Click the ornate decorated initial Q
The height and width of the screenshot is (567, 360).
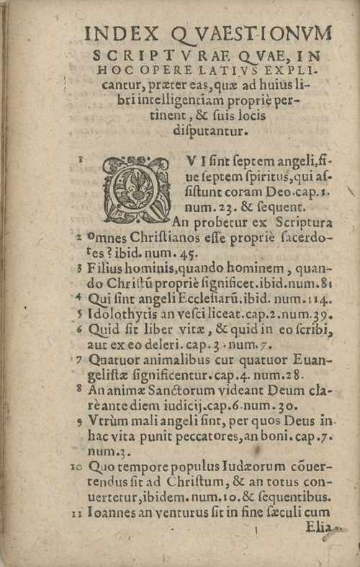tap(137, 189)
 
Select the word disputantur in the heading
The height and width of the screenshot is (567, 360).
tap(206, 130)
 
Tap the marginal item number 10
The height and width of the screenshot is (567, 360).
tap(77, 467)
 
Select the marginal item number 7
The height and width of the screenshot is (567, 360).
tap(81, 359)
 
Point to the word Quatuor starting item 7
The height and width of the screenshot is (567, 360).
tap(114, 359)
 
